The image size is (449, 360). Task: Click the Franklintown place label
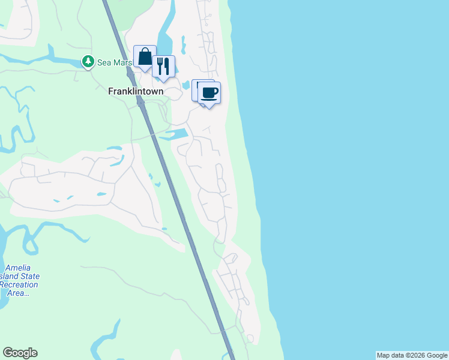[x=136, y=92]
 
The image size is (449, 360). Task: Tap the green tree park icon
[x=88, y=61]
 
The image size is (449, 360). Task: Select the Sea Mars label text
[x=114, y=62]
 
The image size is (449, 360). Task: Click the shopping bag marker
[x=145, y=57]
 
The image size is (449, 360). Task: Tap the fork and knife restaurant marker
[x=163, y=66]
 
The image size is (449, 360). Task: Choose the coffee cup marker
[x=209, y=93]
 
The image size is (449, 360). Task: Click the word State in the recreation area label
[x=29, y=276]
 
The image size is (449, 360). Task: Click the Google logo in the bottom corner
[x=20, y=353]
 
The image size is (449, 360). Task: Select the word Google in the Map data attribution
[x=438, y=355]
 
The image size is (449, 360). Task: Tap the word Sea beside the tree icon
[x=104, y=62]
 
